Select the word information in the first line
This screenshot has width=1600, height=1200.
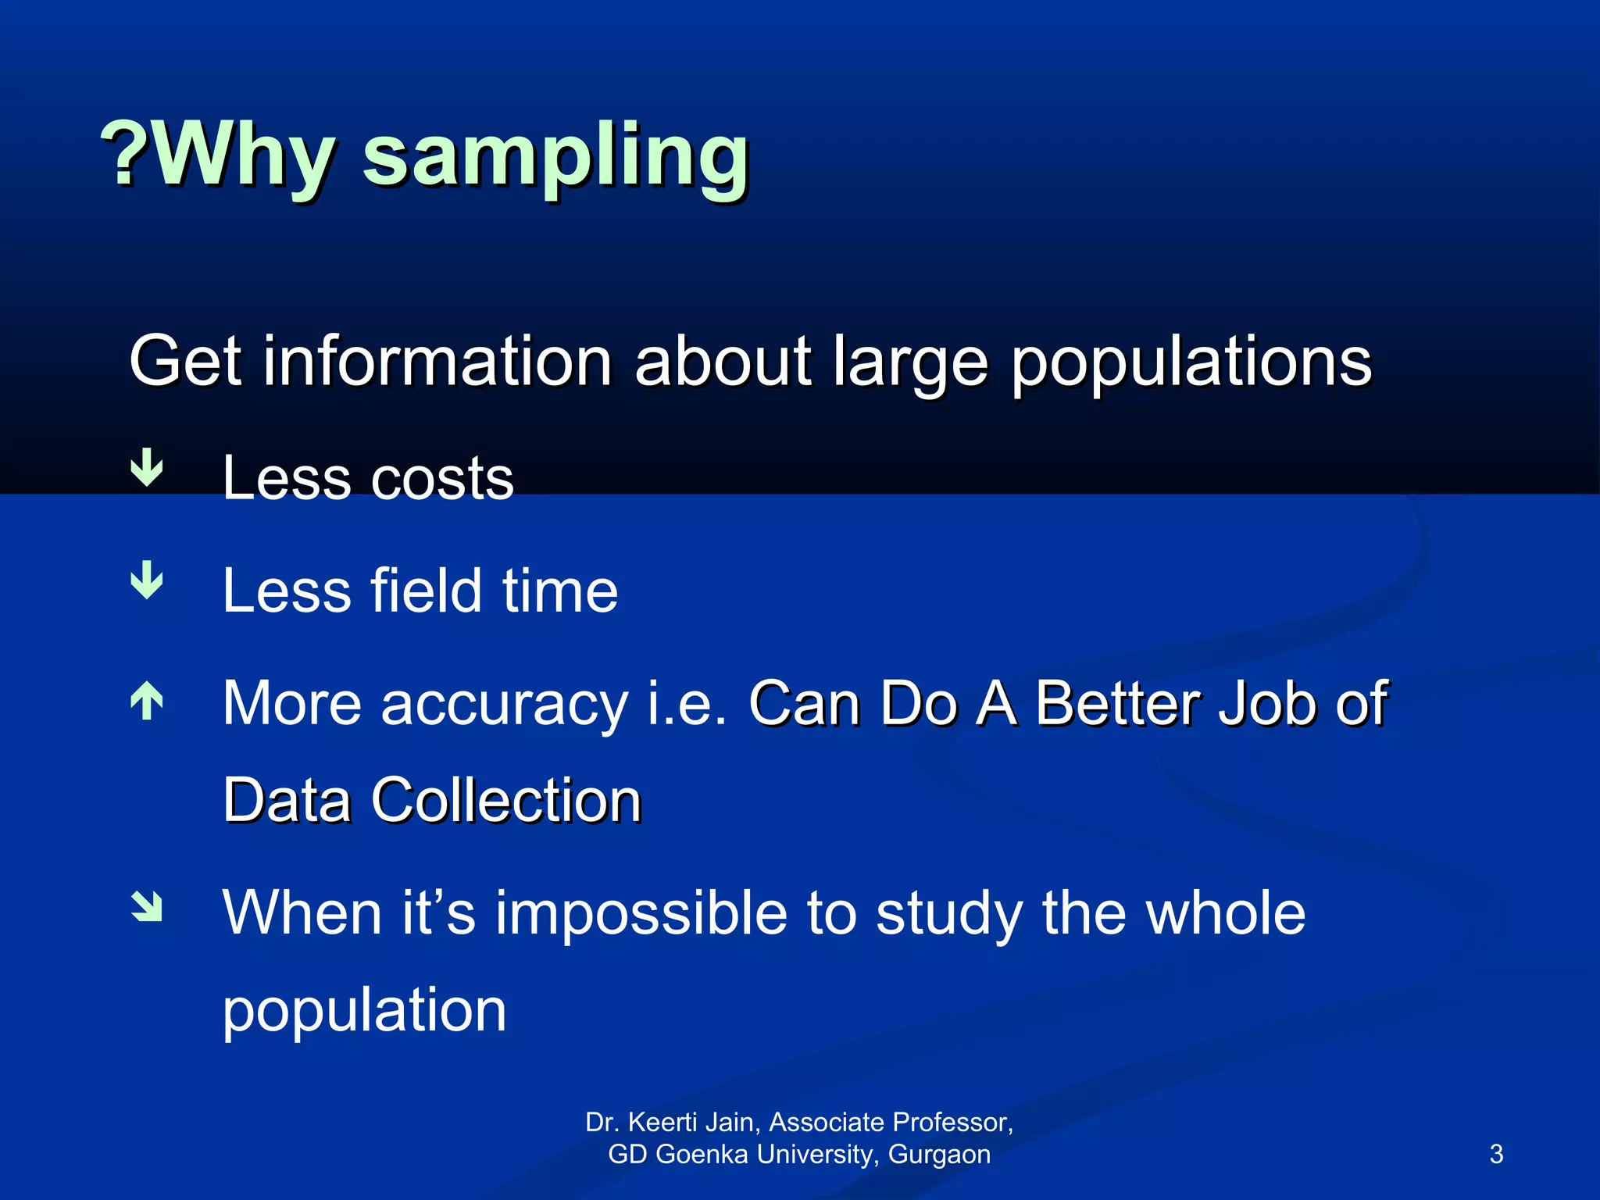pyautogui.click(x=437, y=361)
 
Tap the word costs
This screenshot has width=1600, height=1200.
pyautogui.click(x=441, y=478)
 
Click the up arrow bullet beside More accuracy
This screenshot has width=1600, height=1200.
pyautogui.click(x=147, y=701)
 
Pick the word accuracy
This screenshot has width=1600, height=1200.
pyautogui.click(x=504, y=705)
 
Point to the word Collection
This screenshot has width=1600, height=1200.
pyautogui.click(x=506, y=800)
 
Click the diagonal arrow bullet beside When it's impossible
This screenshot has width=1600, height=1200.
pyautogui.click(x=147, y=907)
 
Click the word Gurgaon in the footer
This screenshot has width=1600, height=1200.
pyautogui.click(x=939, y=1154)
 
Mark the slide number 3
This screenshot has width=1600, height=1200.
pyautogui.click(x=1496, y=1154)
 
